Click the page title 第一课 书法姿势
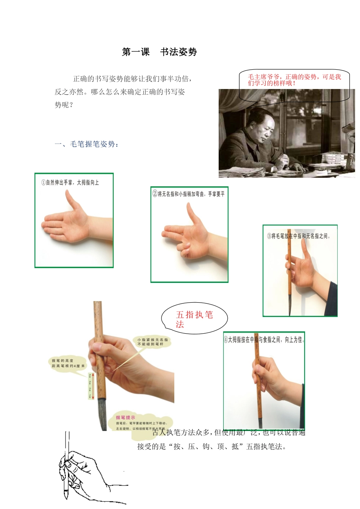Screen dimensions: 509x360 [159, 52]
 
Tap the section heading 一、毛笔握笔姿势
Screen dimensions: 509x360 [86, 144]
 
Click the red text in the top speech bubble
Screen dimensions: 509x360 [294, 80]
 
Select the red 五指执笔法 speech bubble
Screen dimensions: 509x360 [194, 319]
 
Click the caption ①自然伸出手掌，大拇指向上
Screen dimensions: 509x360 [70, 183]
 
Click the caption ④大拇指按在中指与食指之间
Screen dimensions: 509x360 [264, 340]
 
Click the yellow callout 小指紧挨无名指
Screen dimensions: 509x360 [152, 342]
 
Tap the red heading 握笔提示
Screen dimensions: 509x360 [125, 417]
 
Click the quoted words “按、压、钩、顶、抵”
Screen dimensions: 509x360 [203, 447]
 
